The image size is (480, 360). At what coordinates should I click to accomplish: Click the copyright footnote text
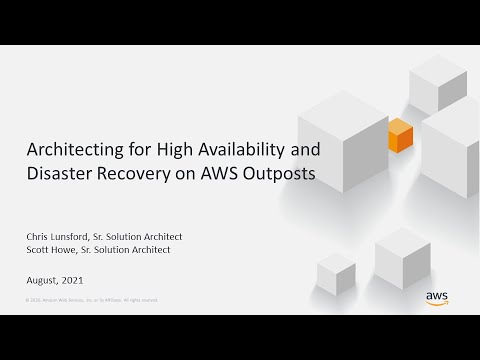[90, 300]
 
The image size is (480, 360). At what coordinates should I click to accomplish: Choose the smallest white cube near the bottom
[336, 273]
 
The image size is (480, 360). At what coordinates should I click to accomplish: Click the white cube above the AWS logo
[402, 257]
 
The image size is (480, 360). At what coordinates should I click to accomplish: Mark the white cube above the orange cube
[438, 84]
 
